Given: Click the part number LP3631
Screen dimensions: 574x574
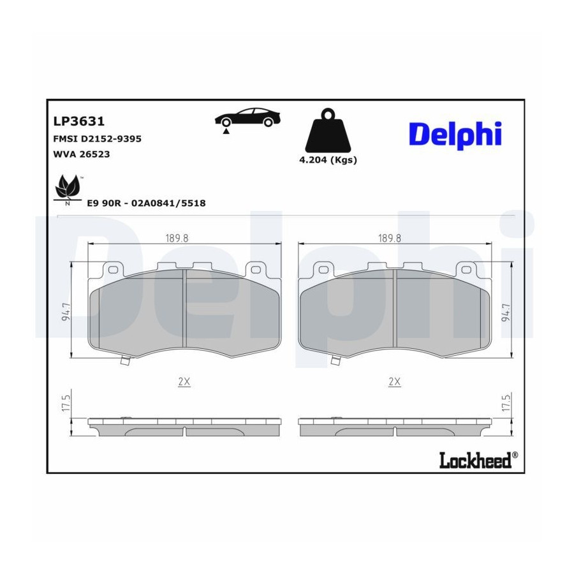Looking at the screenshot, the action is pos(79,121).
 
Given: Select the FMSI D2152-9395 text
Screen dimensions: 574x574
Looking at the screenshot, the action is pos(98,139).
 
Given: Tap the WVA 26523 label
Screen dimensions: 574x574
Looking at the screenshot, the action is pos(82,154).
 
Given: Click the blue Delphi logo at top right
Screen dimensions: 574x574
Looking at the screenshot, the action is pos(455,135).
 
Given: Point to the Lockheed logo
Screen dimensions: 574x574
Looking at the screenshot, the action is pos(478,460).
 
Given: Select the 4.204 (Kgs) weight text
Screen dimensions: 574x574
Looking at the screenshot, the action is pos(328,160).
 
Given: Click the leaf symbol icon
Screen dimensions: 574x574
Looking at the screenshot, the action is pos(68,189).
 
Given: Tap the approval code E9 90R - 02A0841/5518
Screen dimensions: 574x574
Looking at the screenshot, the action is pos(146,203).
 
